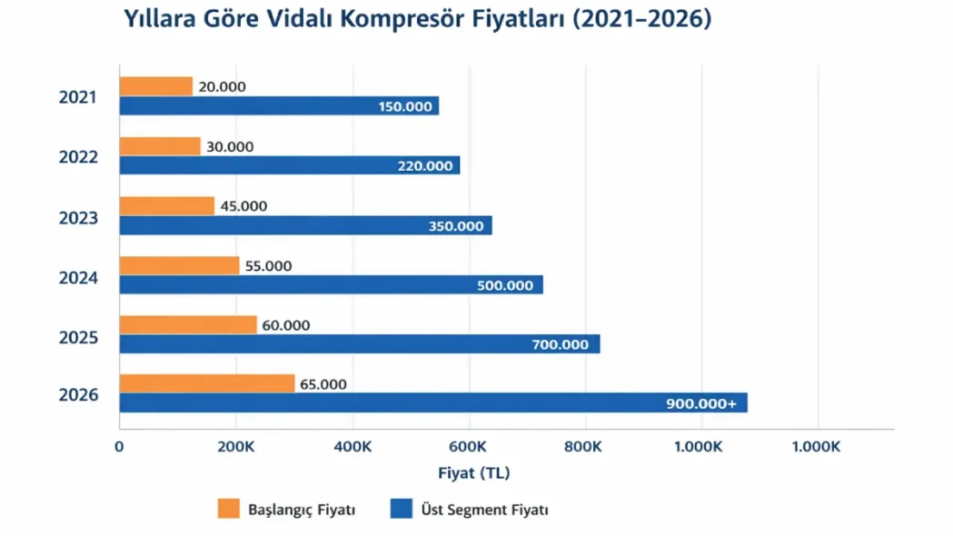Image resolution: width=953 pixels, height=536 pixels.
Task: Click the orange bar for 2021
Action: tap(156, 86)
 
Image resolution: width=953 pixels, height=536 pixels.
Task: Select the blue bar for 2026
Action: tap(432, 402)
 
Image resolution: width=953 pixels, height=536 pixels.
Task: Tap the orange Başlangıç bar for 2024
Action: tap(179, 265)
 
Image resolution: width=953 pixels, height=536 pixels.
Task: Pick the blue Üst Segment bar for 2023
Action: tap(305, 225)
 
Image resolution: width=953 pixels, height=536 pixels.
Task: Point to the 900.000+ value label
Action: tap(702, 403)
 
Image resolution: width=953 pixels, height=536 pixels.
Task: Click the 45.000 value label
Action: tap(243, 206)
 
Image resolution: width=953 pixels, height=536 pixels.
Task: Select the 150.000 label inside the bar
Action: tap(404, 107)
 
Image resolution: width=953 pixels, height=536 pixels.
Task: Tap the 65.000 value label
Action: tap(323, 384)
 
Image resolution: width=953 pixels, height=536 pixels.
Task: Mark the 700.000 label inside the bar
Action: tap(561, 344)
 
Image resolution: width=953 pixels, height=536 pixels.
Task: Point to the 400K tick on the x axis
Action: tap(352, 447)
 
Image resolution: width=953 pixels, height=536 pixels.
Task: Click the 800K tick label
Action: tap(582, 447)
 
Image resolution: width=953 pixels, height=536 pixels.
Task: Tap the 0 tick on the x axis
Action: tap(119, 447)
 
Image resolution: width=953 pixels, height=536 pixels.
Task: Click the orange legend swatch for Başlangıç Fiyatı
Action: tap(228, 509)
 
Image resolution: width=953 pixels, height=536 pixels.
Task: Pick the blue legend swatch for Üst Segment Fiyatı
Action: tap(401, 509)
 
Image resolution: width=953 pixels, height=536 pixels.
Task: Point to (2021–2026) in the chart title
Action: tap(640, 19)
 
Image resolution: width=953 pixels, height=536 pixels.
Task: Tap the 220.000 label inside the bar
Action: tap(424, 166)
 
